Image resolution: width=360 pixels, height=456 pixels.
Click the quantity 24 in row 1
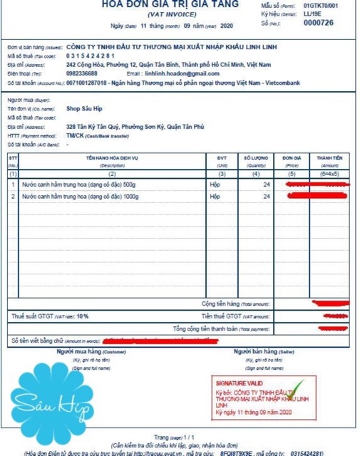[267, 184]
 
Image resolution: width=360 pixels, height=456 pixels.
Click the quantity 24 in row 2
[267, 196]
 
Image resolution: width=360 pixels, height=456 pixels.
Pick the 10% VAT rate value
[83, 315]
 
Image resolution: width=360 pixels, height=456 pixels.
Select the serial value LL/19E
[312, 13]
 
